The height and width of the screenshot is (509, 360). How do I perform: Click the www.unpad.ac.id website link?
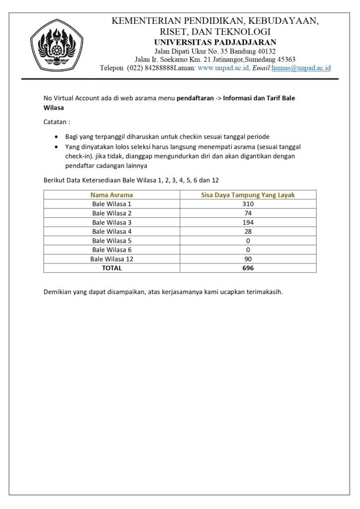pos(224,68)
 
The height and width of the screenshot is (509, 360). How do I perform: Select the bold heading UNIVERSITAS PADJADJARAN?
pos(215,42)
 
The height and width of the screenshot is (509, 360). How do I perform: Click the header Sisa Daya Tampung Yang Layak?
pos(248,195)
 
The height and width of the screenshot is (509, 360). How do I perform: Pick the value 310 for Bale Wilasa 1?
pos(248,204)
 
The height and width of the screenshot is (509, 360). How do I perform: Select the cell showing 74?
pos(248,213)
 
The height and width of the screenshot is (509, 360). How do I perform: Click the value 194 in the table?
pos(248,222)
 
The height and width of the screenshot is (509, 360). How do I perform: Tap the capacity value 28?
pos(248,231)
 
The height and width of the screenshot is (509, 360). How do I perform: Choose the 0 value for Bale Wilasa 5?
pos(248,241)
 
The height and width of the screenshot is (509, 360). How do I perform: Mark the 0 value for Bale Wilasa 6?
pos(248,250)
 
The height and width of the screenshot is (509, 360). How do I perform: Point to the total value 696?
pos(248,268)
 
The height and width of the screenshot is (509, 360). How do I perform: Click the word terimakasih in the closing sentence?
pos(264,292)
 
